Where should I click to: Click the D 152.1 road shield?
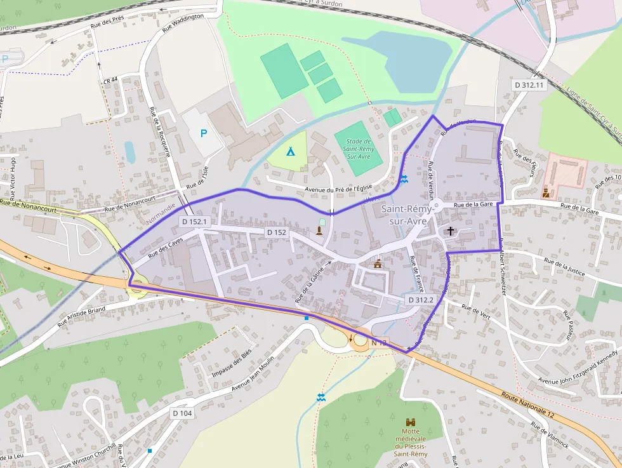[194, 222]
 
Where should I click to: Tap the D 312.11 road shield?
[529, 84]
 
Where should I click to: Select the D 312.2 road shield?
[420, 300]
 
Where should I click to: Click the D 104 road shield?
[182, 413]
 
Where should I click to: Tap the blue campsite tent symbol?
[290, 152]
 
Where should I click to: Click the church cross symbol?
[451, 231]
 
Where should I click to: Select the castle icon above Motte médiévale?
[411, 422]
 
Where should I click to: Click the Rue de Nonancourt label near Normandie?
[130, 208]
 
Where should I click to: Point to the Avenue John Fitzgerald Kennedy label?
[578, 368]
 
